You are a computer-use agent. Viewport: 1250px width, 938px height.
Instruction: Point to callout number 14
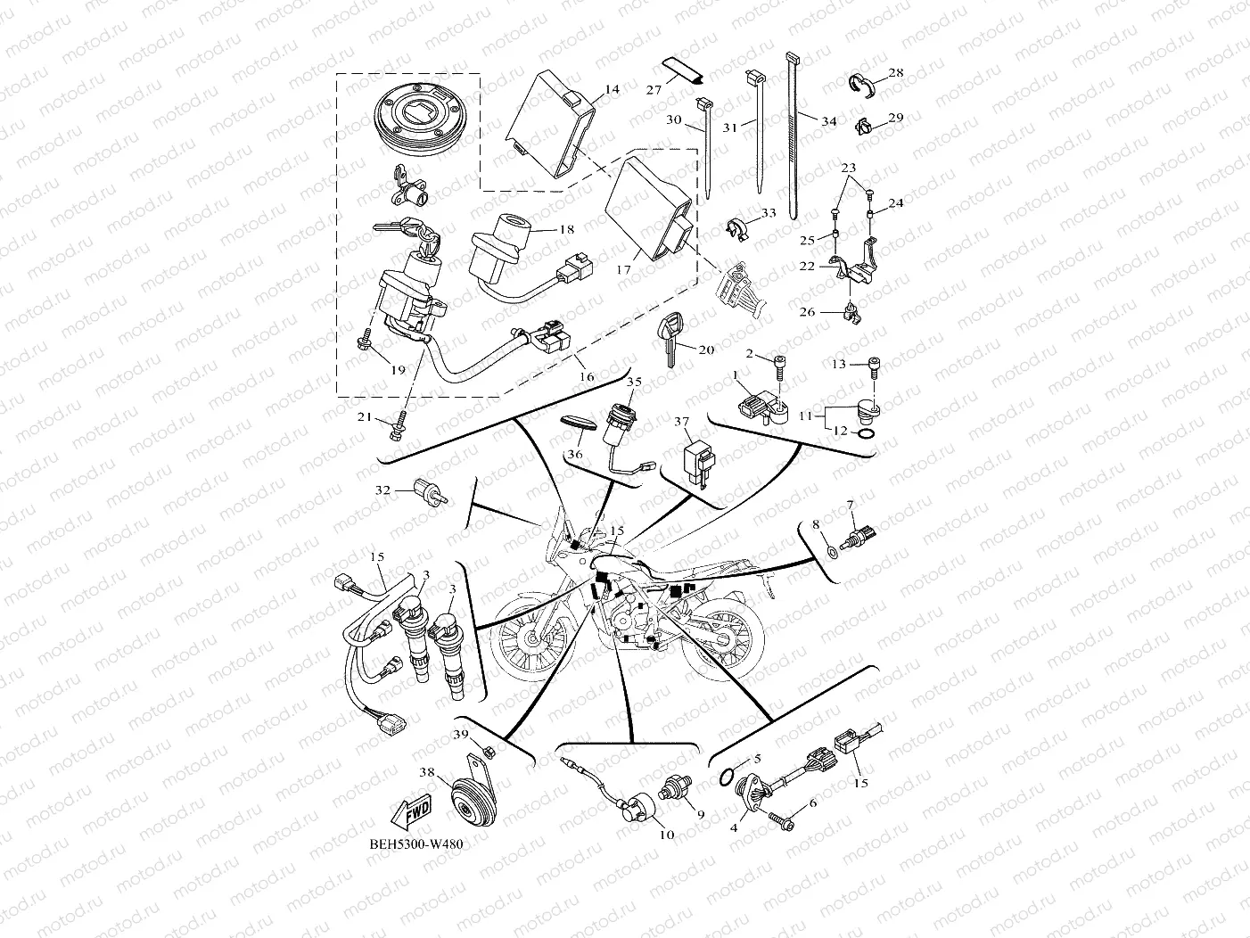point(612,89)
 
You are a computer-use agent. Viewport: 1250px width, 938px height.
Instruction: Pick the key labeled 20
point(670,341)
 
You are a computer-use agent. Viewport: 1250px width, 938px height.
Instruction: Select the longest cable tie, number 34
point(793,136)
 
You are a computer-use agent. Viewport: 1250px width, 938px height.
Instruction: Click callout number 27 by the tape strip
point(654,89)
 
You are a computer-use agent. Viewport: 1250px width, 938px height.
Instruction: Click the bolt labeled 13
point(874,368)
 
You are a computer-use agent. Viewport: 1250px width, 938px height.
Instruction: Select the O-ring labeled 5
point(727,778)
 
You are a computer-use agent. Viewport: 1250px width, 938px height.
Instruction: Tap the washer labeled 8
point(830,551)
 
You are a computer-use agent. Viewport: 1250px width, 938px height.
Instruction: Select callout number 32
point(382,490)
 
